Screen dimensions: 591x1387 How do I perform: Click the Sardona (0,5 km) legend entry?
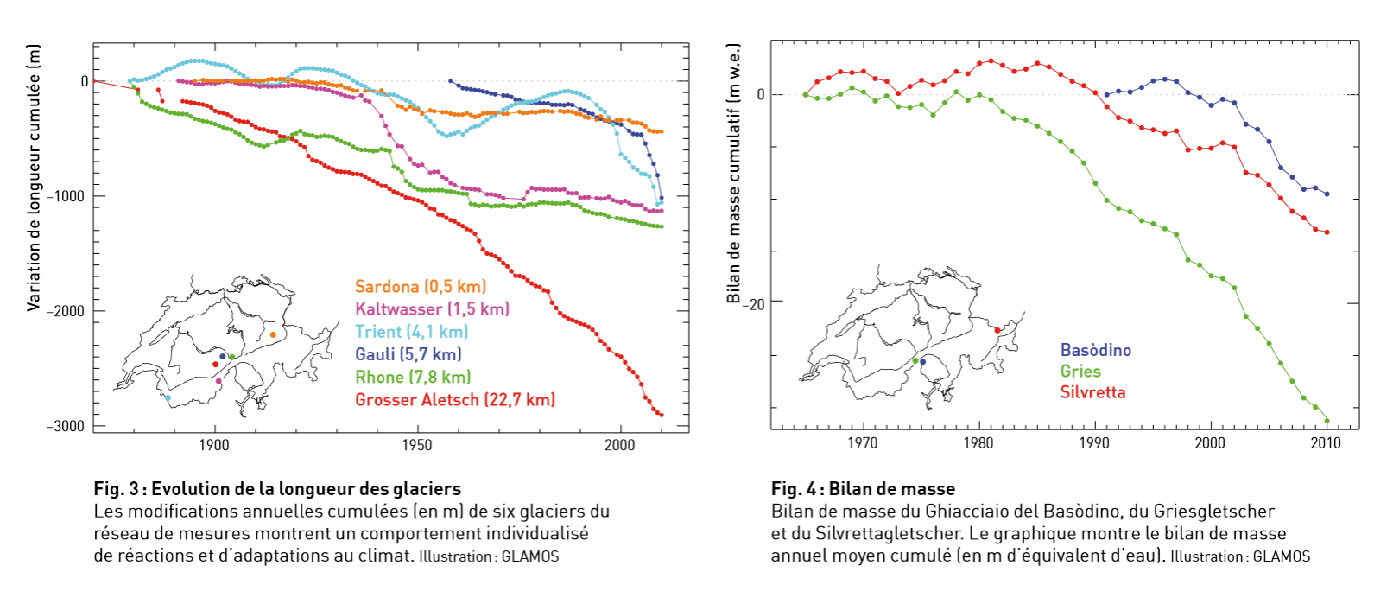(421, 286)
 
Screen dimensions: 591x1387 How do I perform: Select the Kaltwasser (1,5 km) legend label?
(432, 308)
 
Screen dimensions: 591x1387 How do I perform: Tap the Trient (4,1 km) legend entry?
(411, 332)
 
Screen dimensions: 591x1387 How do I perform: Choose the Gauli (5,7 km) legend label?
(408, 354)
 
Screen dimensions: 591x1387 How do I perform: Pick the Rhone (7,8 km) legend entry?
(413, 377)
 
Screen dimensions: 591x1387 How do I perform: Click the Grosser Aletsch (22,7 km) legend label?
(455, 399)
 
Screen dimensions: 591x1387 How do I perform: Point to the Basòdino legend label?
(1095, 350)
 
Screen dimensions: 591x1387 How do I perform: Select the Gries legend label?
(1080, 371)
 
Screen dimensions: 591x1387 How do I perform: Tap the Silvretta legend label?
(1092, 392)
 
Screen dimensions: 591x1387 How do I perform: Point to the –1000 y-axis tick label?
(66, 196)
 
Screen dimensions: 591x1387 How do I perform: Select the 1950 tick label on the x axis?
(417, 445)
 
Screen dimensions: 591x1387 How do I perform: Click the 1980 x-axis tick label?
(978, 443)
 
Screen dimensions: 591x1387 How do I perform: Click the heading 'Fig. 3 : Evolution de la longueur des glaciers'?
(277, 489)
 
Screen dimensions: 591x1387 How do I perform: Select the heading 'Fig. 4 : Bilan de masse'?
(863, 489)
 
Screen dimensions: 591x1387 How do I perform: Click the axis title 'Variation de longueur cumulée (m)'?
(34, 178)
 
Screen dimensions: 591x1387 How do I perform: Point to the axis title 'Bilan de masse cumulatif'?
(734, 173)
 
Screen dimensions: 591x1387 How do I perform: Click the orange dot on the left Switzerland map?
(273, 334)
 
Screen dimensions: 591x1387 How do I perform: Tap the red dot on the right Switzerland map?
(997, 330)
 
